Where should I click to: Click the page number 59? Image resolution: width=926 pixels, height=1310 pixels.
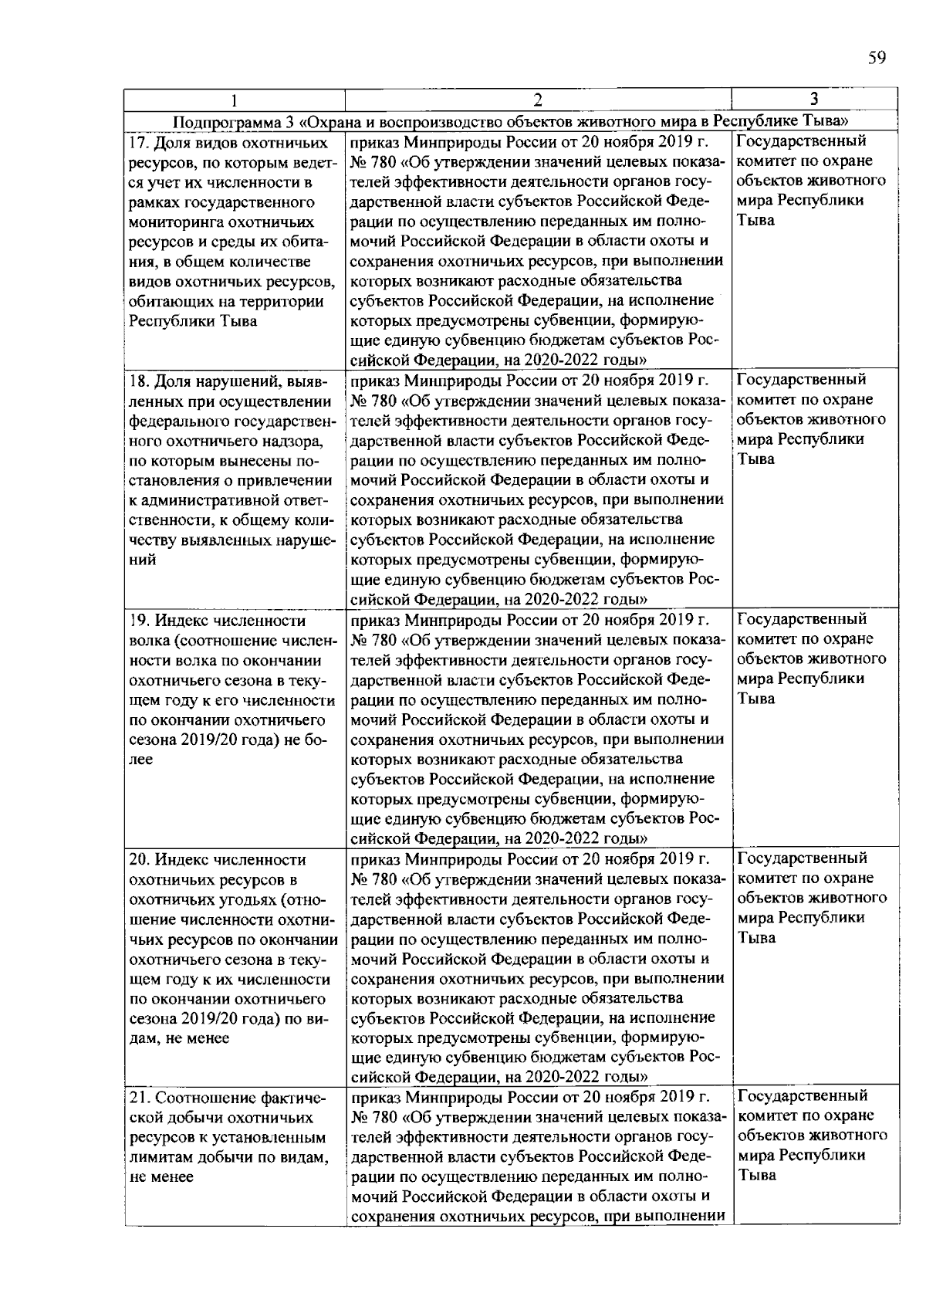[876, 59]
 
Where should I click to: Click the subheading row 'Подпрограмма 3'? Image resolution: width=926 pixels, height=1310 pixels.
[511, 121]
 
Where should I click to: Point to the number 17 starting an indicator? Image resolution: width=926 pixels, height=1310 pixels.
[137, 143]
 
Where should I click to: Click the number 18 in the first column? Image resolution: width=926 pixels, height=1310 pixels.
[137, 381]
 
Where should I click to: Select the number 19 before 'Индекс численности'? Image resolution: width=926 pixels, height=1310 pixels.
[137, 621]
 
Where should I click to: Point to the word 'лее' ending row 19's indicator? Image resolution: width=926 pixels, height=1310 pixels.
[141, 760]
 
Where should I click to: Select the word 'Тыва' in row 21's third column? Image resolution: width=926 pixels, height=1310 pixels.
[756, 1176]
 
